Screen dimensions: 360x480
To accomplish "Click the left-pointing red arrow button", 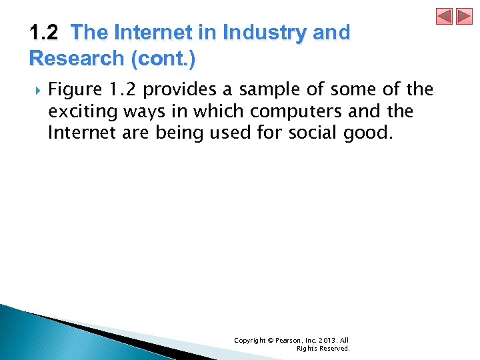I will tap(445, 16).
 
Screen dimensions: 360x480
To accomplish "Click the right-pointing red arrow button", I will tap(464, 16).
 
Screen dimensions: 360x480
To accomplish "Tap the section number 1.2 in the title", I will tap(45, 33).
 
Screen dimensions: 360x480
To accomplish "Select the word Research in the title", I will tap(77, 59).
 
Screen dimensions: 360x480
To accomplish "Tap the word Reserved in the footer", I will tap(333, 349).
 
